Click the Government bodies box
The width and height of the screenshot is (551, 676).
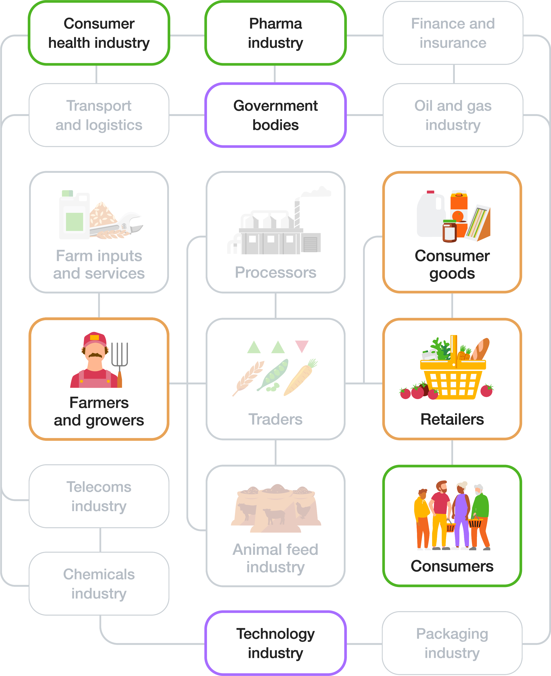[x=275, y=115]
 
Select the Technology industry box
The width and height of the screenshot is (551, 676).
[x=275, y=643]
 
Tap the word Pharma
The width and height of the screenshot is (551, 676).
[x=275, y=24]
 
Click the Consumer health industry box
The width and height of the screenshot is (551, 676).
[x=99, y=33]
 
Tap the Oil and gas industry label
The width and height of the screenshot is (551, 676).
[x=453, y=115]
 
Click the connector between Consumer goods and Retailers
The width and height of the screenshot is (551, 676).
[x=452, y=306]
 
